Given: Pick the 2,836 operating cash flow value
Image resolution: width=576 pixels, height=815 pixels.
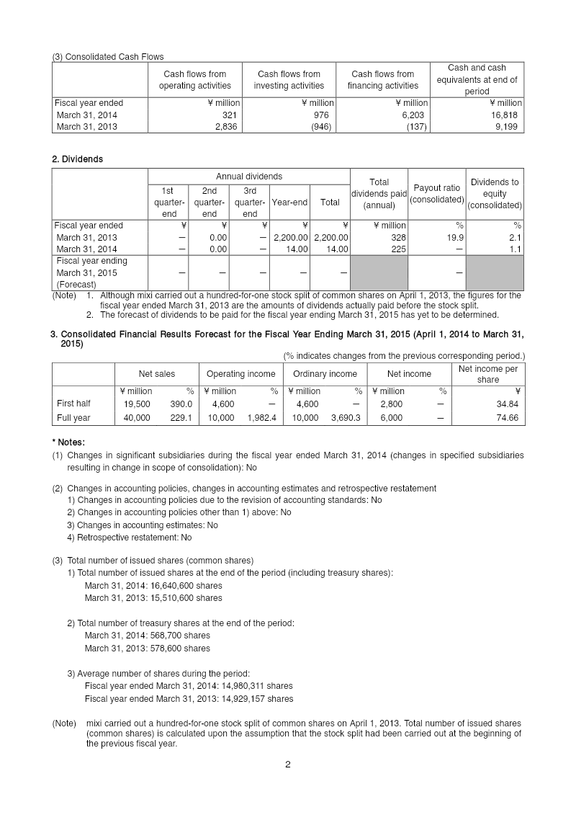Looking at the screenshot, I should pyautogui.click(x=227, y=127).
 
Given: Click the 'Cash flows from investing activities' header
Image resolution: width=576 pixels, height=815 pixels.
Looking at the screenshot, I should pyautogui.click(x=289, y=80).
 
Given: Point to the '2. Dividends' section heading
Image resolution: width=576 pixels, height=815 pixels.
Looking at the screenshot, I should pyautogui.click(x=77, y=159).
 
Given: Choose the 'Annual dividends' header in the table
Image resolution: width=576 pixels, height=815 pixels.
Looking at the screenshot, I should pyautogui.click(x=249, y=177).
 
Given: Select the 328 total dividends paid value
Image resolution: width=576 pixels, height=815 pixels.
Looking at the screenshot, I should pyautogui.click(x=398, y=237).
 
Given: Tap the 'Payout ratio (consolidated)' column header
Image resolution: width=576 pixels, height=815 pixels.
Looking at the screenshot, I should pyautogui.click(x=436, y=194).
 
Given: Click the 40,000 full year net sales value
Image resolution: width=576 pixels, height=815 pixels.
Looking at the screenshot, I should pyautogui.click(x=137, y=418).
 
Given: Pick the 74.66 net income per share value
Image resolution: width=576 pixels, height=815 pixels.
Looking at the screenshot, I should pyautogui.click(x=505, y=418).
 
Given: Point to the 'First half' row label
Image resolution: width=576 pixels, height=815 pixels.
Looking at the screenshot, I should pyautogui.click(x=73, y=404).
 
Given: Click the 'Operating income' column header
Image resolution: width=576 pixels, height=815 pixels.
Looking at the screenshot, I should pyautogui.click(x=240, y=374).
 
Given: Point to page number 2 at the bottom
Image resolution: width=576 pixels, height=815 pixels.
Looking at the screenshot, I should pyautogui.click(x=288, y=765).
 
